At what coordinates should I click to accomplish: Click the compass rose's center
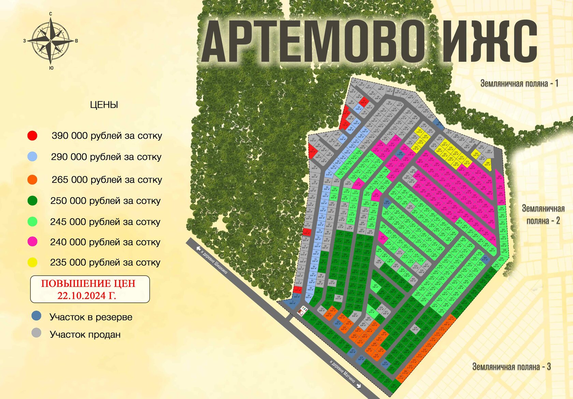click(x=50, y=41)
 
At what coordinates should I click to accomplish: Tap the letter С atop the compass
click(x=51, y=14)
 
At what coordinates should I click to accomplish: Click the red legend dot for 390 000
click(x=32, y=136)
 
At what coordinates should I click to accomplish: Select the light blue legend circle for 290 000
click(x=32, y=157)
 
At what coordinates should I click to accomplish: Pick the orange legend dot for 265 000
click(x=32, y=180)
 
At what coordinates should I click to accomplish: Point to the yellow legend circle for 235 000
click(x=32, y=262)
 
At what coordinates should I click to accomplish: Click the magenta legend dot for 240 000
click(x=32, y=242)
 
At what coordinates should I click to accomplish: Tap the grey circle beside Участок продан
click(x=36, y=333)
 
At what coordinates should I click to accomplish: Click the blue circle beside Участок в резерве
click(x=36, y=316)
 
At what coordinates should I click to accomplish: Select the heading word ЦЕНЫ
click(x=104, y=105)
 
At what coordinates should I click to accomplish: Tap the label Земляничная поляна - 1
click(x=519, y=83)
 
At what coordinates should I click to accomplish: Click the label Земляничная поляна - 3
click(x=511, y=367)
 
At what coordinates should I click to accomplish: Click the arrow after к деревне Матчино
click(x=359, y=386)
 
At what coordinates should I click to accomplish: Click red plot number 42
click(x=364, y=101)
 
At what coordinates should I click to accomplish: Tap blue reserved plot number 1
click(x=292, y=302)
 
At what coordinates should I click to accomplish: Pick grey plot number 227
click(x=355, y=315)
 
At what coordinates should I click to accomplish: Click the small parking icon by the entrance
click(x=302, y=311)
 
